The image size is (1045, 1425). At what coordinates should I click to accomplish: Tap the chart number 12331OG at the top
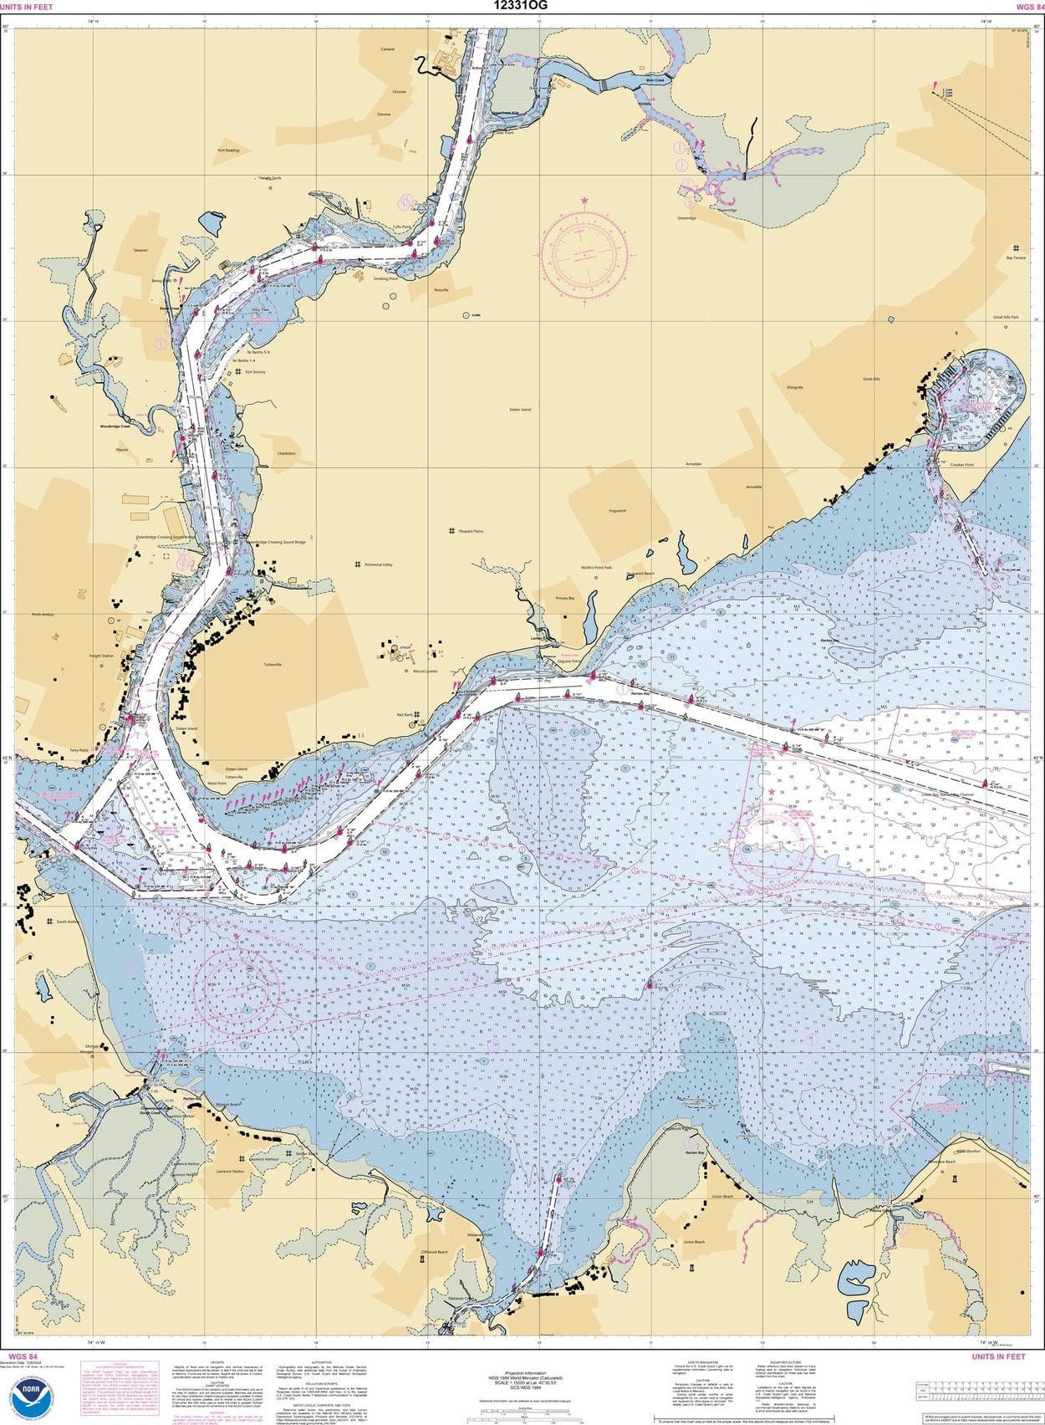[521, 6]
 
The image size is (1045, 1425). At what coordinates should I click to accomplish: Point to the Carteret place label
[388, 49]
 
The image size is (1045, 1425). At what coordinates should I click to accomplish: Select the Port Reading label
[228, 151]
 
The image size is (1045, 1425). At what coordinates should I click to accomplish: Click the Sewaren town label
[140, 250]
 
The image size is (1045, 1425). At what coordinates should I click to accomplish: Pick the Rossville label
[441, 289]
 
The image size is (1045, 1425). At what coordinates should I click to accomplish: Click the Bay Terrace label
[1016, 258]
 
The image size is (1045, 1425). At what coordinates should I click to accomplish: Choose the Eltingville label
[794, 387]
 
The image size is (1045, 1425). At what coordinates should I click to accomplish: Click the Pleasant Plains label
[471, 531]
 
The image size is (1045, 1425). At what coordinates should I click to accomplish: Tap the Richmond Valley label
[378, 564]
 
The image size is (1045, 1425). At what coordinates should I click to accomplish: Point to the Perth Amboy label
[43, 615]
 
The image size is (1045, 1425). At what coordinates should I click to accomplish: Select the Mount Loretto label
[425, 671]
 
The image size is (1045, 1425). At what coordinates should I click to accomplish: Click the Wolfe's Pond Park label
[597, 568]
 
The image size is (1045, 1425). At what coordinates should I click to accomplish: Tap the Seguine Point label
[570, 661]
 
